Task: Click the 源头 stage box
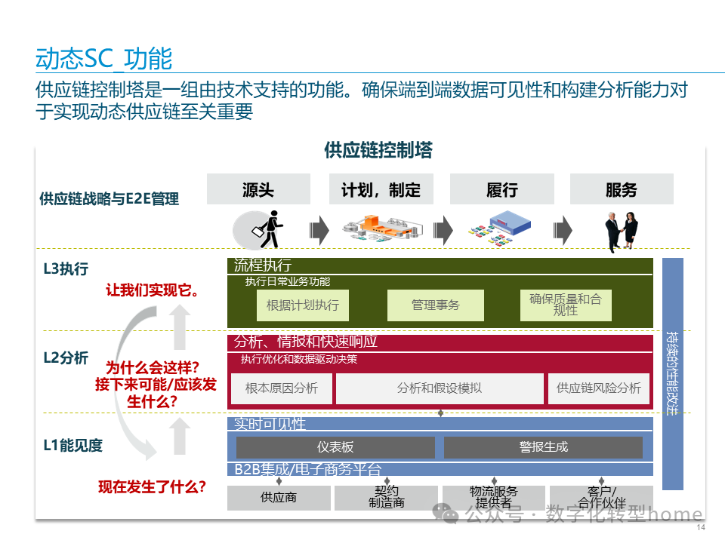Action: point(258,189)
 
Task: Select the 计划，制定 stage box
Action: point(381,189)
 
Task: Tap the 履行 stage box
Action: point(502,189)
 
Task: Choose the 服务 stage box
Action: point(622,189)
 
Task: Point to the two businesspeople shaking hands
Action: point(622,229)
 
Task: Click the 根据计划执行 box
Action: point(303,305)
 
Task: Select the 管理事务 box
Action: point(435,305)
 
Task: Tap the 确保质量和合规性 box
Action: point(566,305)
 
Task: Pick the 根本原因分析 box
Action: point(281,388)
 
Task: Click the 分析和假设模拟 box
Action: point(440,388)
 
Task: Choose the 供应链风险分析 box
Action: point(598,388)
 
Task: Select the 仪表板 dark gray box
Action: point(335,447)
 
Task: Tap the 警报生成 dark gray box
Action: point(543,447)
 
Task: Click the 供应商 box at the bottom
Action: point(279,498)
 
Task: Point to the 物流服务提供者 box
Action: point(493,498)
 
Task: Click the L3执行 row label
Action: point(66,268)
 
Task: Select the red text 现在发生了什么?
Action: point(153,487)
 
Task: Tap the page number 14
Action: point(700,527)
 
